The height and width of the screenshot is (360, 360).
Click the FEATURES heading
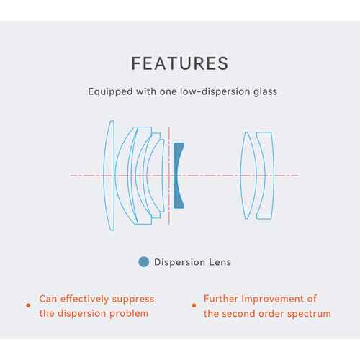(180, 63)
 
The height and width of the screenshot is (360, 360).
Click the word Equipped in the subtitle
(110, 92)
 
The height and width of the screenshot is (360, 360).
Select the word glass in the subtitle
(266, 92)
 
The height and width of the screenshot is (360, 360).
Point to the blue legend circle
(144, 261)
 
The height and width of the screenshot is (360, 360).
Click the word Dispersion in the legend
(179, 262)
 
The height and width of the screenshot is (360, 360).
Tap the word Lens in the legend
(220, 262)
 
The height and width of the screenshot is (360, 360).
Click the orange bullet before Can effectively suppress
(28, 305)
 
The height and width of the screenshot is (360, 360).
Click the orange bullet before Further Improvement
(194, 305)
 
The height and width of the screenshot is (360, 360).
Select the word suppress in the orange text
(133, 300)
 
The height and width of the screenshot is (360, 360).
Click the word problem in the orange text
(128, 314)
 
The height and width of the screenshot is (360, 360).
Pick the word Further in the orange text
(221, 299)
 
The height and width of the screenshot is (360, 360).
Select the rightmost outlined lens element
(273, 175)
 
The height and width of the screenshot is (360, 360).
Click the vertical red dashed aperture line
(169, 176)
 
